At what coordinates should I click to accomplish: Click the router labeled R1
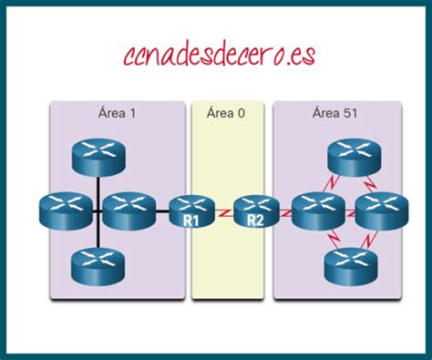point(192,211)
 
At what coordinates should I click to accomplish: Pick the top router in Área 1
point(96,157)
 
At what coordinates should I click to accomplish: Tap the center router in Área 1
point(125,211)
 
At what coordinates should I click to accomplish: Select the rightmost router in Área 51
point(377,211)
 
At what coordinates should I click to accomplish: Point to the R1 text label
point(191,221)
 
